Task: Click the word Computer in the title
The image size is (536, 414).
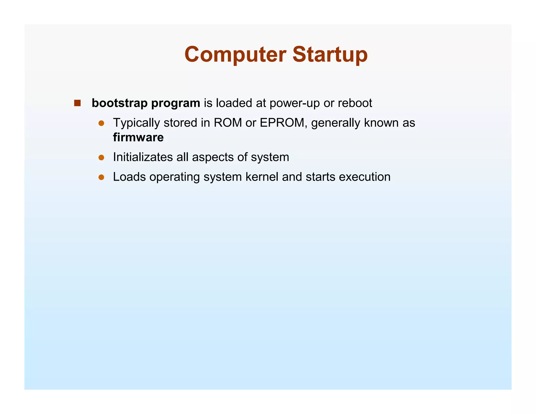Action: click(235, 54)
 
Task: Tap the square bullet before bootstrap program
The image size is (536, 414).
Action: click(77, 103)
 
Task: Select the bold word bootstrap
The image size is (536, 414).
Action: click(120, 103)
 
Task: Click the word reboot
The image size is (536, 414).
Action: click(355, 103)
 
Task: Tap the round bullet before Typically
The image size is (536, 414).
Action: click(101, 123)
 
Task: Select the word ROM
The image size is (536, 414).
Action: click(228, 123)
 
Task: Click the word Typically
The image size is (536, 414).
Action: click(136, 123)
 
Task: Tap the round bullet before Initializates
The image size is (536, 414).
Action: click(101, 158)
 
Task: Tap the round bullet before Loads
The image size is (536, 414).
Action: click(101, 177)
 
